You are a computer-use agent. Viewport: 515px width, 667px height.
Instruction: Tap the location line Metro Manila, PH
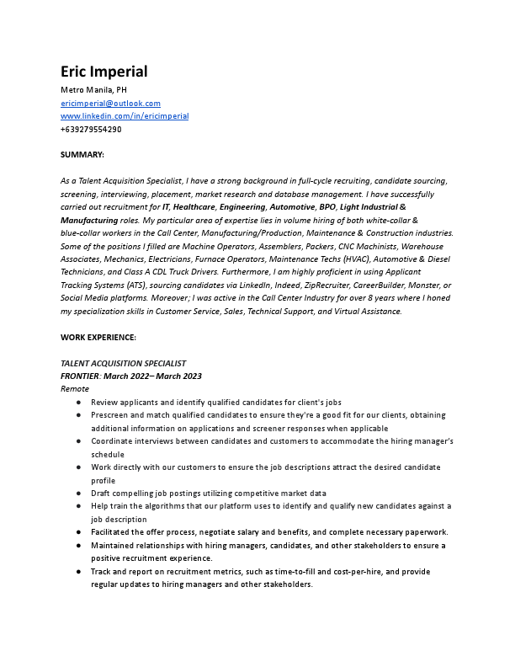(93, 89)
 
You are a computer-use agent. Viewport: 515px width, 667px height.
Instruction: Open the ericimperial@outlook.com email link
(110, 103)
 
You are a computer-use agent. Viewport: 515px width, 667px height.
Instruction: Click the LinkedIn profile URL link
(125, 116)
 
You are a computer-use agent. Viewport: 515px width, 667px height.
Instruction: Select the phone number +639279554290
(91, 130)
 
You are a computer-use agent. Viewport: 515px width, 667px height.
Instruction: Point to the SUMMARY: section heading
(82, 155)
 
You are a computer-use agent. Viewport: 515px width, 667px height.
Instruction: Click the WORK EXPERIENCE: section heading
(98, 337)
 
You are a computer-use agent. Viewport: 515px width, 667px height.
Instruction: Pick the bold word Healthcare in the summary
(194, 206)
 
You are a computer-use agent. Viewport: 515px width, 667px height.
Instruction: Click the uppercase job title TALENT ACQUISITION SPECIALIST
(123, 363)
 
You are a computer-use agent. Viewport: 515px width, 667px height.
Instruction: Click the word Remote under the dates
(75, 389)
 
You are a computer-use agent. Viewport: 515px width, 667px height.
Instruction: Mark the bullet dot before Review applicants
(78, 403)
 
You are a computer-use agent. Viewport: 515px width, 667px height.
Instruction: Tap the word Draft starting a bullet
(101, 494)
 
